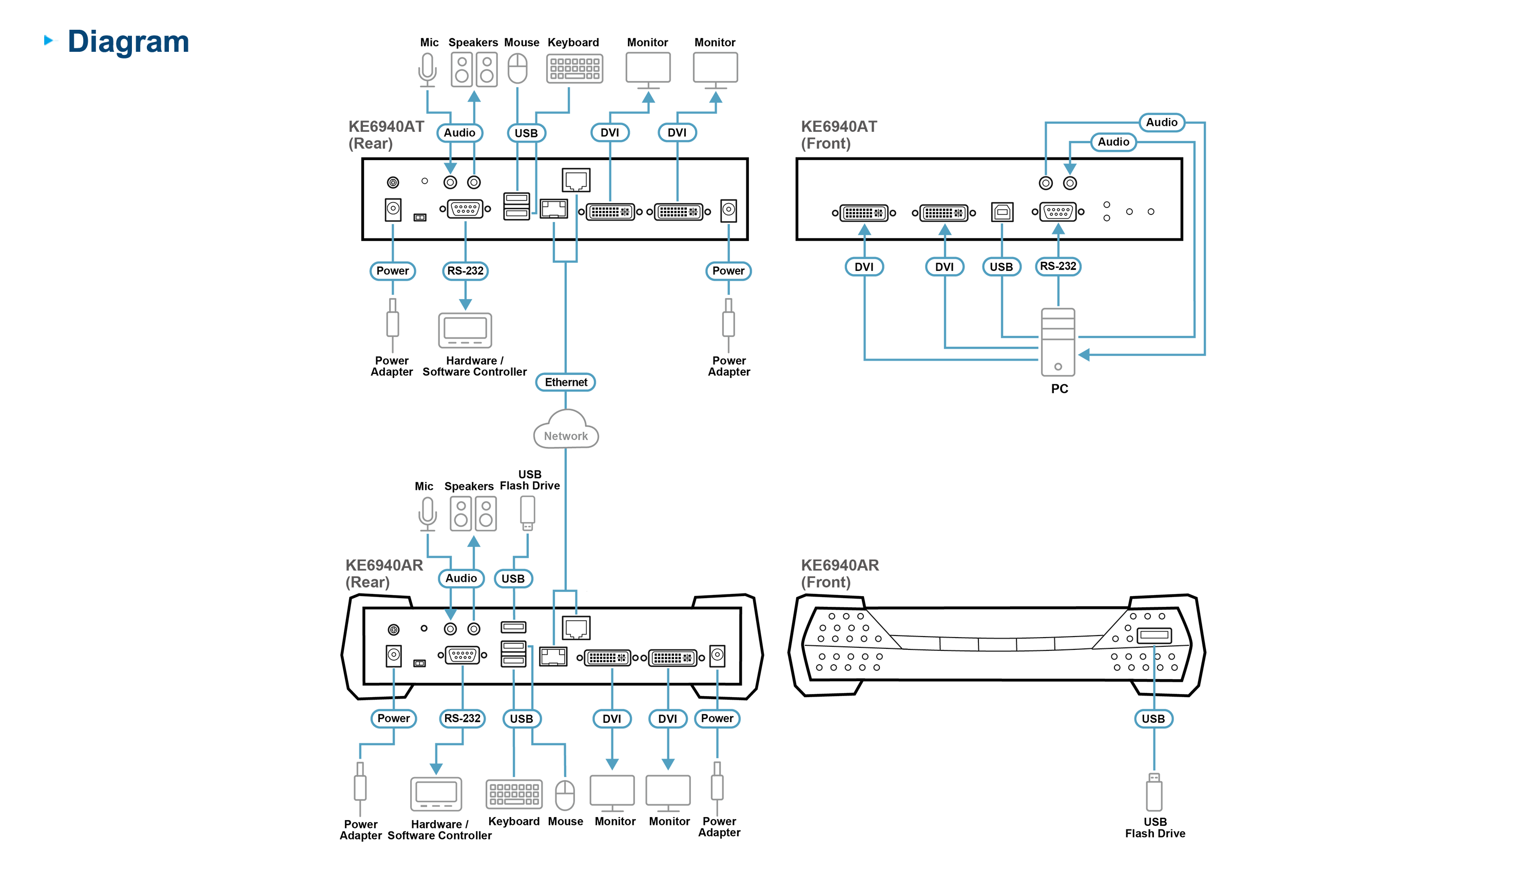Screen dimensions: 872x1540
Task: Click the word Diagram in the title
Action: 128,42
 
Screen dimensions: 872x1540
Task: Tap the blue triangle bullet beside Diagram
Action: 50,41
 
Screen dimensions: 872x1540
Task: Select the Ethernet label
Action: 566,382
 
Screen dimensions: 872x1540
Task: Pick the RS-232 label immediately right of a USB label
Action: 1057,266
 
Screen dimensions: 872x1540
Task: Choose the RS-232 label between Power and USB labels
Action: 462,718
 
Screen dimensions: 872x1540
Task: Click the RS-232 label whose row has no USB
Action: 465,271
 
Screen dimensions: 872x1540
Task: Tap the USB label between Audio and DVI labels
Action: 526,133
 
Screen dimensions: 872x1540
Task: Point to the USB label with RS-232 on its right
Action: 1000,267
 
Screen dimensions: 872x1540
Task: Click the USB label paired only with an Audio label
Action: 513,579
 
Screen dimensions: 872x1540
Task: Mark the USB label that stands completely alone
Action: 1153,719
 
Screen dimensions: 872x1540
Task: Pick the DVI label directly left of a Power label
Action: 667,719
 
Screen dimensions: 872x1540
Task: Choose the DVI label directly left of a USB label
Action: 945,267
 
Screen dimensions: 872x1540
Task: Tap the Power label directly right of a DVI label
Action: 717,718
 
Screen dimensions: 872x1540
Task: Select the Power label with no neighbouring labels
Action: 728,271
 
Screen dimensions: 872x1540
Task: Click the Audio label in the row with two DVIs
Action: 459,132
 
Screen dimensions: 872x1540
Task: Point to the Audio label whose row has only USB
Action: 461,578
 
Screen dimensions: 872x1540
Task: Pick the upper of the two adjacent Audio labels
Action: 1161,122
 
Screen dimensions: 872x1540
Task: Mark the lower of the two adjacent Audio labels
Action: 1113,142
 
